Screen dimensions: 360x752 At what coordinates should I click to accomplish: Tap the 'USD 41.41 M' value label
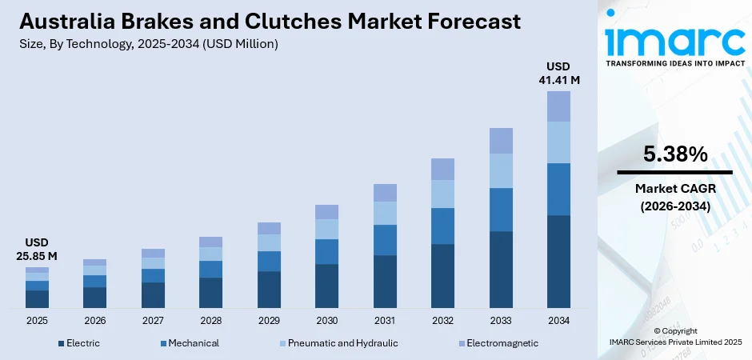click(558, 73)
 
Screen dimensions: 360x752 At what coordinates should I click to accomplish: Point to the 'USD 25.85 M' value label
click(37, 249)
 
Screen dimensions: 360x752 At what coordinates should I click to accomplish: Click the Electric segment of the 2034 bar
click(558, 262)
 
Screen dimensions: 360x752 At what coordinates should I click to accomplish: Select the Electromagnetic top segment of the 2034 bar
click(558, 106)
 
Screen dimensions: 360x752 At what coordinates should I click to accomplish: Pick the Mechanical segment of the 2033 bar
click(501, 210)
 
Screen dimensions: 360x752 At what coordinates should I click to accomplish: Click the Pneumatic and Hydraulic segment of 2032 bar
click(442, 194)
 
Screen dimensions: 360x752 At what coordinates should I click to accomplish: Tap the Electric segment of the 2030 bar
click(326, 286)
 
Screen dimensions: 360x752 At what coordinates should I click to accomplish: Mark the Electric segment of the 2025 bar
click(37, 299)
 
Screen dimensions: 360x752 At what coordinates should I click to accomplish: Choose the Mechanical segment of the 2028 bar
click(210, 269)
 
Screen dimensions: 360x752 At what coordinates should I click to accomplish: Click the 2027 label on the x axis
click(153, 320)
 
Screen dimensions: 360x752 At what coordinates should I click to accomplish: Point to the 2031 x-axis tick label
click(385, 320)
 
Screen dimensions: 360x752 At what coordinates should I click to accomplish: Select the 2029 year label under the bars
click(269, 320)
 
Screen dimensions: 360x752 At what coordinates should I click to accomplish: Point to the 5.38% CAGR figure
click(675, 154)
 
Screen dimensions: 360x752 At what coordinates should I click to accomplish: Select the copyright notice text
click(675, 336)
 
